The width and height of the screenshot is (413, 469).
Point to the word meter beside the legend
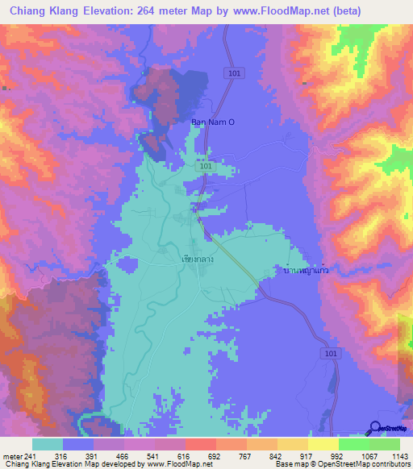click(x=12, y=455)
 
